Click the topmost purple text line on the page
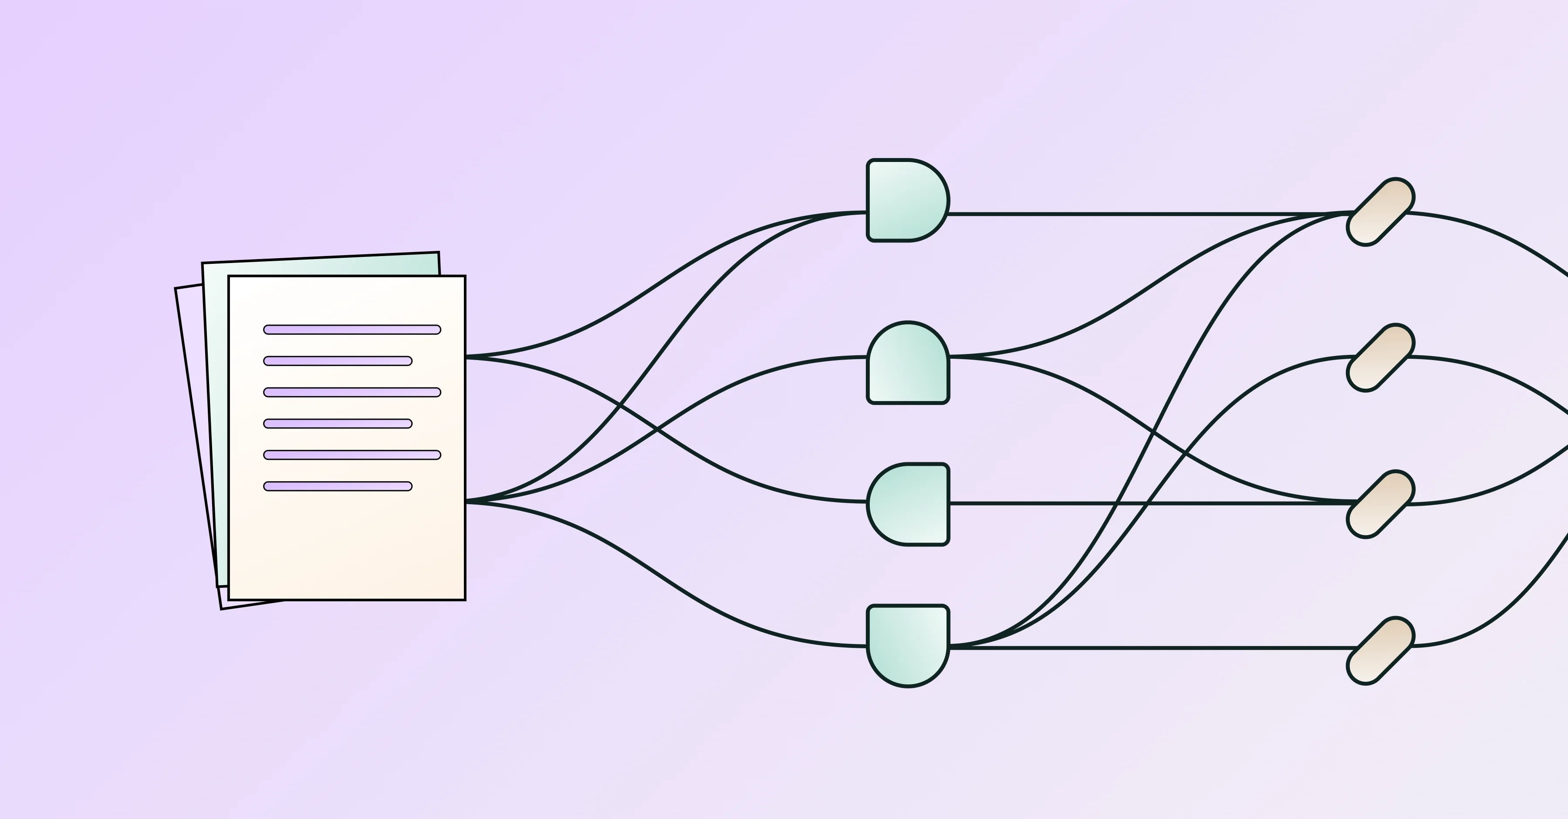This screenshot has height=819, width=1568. pos(352,330)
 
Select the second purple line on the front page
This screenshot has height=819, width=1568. pos(338,361)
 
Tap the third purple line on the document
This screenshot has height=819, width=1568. pos(352,392)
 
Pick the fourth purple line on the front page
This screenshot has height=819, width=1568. pos(338,424)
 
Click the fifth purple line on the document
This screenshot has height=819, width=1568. pos(352,455)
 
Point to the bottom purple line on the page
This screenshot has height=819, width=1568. pos(338,486)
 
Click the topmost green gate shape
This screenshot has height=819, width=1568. pos(906,200)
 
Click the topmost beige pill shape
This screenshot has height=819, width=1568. pos(1380,212)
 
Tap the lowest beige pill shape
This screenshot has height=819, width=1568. pos(1380,650)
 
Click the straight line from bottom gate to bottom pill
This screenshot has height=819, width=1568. pos(1156,648)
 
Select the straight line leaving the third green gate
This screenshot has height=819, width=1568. pos(1035,503)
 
